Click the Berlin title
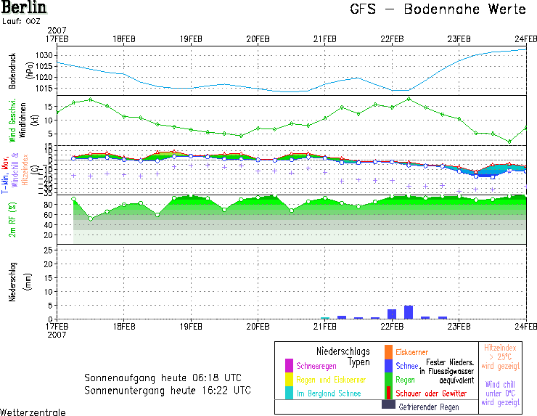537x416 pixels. [x=23, y=8]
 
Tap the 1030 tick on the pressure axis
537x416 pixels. [x=45, y=55]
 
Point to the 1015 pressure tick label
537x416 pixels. [x=45, y=89]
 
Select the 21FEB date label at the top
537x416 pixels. [x=324, y=38]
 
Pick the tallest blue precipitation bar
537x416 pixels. [x=409, y=312]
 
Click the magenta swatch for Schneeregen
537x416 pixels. [x=289, y=365]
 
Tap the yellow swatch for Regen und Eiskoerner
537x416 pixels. [x=289, y=379]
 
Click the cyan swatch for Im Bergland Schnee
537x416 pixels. [x=289, y=393]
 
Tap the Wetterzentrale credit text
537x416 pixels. [x=33, y=412]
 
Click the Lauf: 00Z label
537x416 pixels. [x=20, y=22]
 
